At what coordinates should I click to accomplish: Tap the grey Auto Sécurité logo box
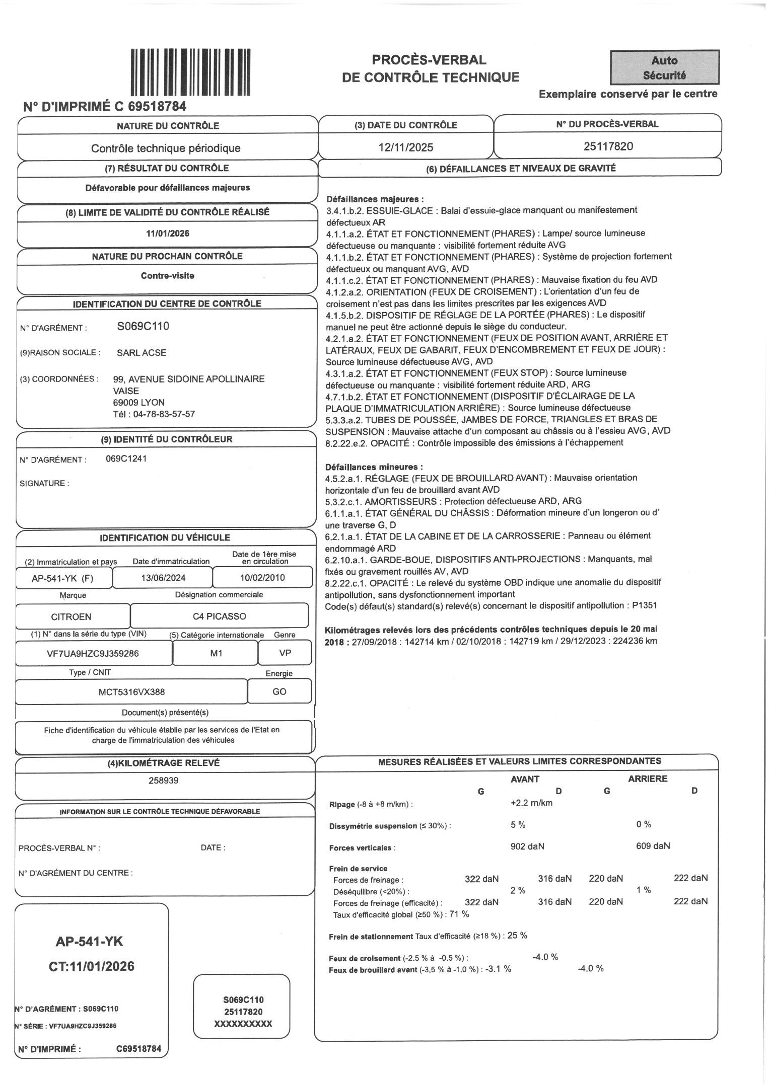pos(664,67)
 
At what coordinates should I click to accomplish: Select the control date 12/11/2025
pos(406,147)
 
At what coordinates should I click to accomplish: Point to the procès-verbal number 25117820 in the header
pos(608,146)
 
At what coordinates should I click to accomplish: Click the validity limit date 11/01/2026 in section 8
pos(168,234)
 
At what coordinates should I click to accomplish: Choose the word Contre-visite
pos(168,276)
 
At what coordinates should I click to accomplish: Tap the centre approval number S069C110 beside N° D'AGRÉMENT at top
pos(143,326)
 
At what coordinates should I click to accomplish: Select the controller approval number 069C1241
pos(126,458)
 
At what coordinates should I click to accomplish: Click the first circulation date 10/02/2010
pos(262,577)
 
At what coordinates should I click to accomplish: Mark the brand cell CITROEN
pos(72,616)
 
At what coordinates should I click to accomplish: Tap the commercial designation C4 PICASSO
pos(220,616)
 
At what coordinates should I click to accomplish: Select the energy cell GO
pos(279,692)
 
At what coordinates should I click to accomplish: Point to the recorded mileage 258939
pos(164,781)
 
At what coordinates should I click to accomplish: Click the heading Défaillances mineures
pos(374,467)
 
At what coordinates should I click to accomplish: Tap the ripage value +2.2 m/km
pos(531,803)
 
